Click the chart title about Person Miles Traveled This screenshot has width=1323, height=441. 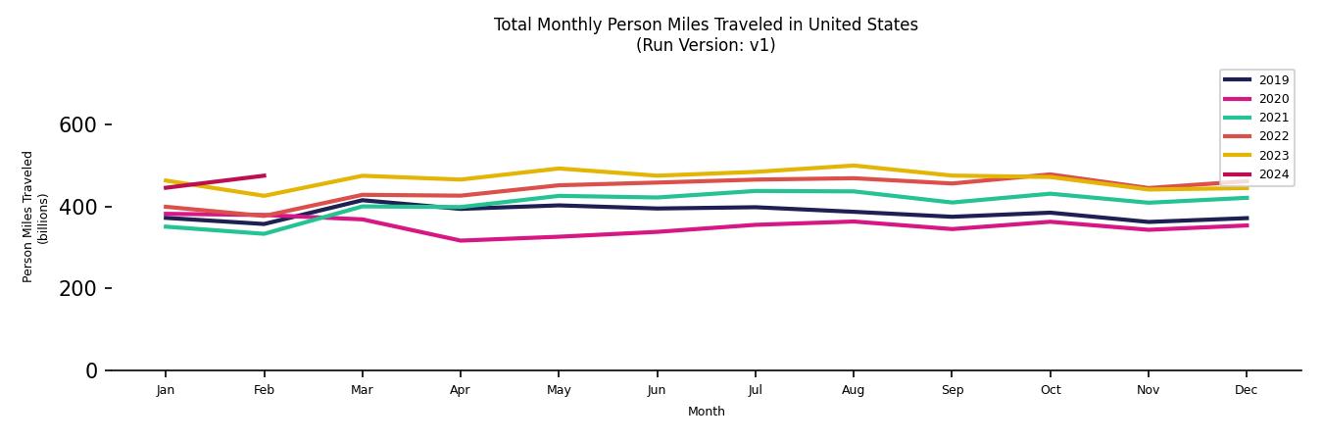click(706, 24)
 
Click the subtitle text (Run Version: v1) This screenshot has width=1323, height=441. click(706, 45)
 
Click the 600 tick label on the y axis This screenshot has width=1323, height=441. click(77, 125)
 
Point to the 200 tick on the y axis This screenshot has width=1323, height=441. click(77, 289)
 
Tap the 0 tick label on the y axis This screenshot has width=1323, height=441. click(91, 370)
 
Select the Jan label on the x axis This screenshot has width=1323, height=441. click(166, 390)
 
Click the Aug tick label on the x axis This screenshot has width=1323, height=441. click(854, 390)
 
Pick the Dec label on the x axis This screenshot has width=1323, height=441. click(1246, 390)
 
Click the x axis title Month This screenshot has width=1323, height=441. click(706, 412)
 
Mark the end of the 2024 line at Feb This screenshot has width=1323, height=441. click(265, 175)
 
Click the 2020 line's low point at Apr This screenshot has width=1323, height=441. click(461, 240)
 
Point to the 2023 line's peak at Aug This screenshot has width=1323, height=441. click(854, 166)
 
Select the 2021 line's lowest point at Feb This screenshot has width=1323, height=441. click(264, 233)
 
